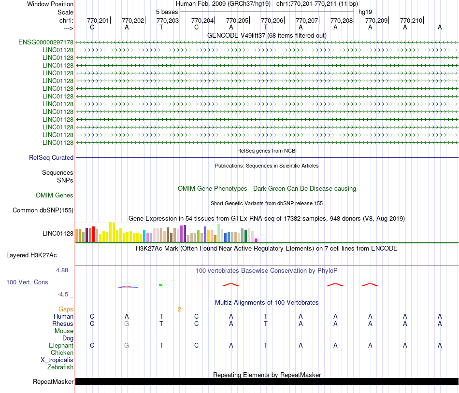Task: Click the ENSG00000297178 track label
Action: tap(46, 42)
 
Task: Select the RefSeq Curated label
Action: tap(51, 157)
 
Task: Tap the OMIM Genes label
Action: tap(55, 196)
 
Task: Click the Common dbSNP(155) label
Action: tap(43, 210)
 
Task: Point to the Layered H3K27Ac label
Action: tap(31, 255)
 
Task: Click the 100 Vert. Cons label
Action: tap(27, 282)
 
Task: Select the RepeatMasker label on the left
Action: tap(53, 381)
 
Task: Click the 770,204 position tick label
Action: tap(202, 20)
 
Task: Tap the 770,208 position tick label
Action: tap(342, 20)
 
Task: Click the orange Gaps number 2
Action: tap(179, 309)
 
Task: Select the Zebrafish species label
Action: tap(60, 367)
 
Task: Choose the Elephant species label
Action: tap(61, 345)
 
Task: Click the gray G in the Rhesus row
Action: tap(127, 323)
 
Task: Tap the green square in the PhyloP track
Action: tap(160, 285)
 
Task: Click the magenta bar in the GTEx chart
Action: tap(256, 240)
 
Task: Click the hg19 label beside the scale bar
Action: tap(365, 12)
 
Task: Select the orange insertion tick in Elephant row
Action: tap(180, 345)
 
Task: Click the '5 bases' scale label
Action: tap(167, 12)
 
